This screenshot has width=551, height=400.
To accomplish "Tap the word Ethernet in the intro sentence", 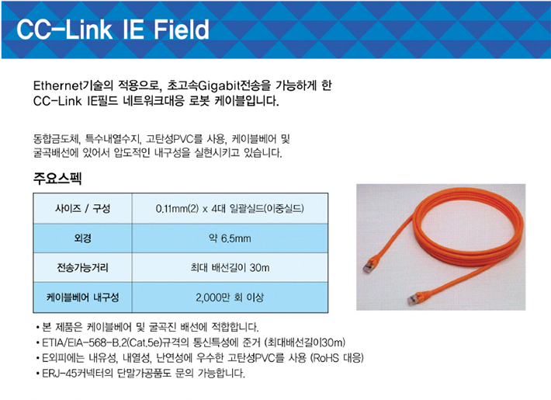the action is (57, 85).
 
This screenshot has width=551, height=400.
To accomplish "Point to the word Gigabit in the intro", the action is (219, 86).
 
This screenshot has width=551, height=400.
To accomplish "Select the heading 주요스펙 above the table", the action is (57, 179).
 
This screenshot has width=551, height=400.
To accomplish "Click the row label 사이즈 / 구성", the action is (82, 208).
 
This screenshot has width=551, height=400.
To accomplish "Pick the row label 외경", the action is (83, 238).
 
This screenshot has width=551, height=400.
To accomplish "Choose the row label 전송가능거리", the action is (82, 268).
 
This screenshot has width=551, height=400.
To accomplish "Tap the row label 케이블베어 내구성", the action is (82, 297).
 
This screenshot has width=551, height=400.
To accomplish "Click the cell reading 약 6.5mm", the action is (230, 238).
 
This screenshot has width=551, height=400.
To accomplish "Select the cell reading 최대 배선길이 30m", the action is (230, 268).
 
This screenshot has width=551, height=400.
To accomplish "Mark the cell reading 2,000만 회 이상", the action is (230, 297).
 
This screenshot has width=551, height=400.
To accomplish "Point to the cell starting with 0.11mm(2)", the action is (230, 209).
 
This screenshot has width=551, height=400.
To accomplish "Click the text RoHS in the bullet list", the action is (326, 358).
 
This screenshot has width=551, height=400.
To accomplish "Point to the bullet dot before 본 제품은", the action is (37, 328).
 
